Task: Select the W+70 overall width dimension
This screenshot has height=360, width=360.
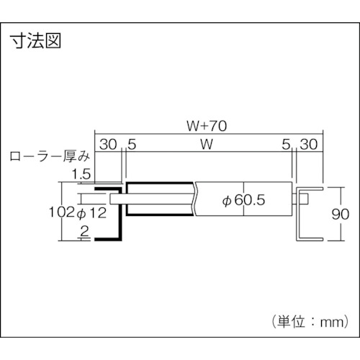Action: point(207,126)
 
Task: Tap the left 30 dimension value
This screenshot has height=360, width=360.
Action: point(108,145)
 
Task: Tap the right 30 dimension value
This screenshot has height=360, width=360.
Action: point(309,145)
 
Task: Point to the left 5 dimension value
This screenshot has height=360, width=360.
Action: point(132,145)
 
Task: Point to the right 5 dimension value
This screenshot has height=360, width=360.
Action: point(286,145)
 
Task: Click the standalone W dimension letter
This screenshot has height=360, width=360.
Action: point(207,145)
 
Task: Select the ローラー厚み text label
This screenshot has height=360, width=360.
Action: point(50,156)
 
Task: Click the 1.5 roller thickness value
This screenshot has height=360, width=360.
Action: point(81,174)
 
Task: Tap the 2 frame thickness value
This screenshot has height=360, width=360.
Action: point(84,232)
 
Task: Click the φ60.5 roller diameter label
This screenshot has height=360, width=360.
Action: point(243,200)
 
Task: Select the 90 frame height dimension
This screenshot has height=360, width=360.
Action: point(341,214)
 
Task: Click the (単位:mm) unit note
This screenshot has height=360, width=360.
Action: point(310,322)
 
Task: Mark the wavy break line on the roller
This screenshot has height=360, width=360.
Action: point(195,199)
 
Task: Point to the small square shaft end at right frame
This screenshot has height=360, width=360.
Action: point(304,199)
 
